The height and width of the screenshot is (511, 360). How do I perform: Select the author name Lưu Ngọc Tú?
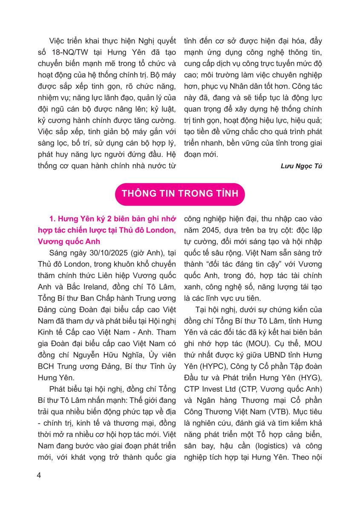pyautogui.click(x=301, y=166)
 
